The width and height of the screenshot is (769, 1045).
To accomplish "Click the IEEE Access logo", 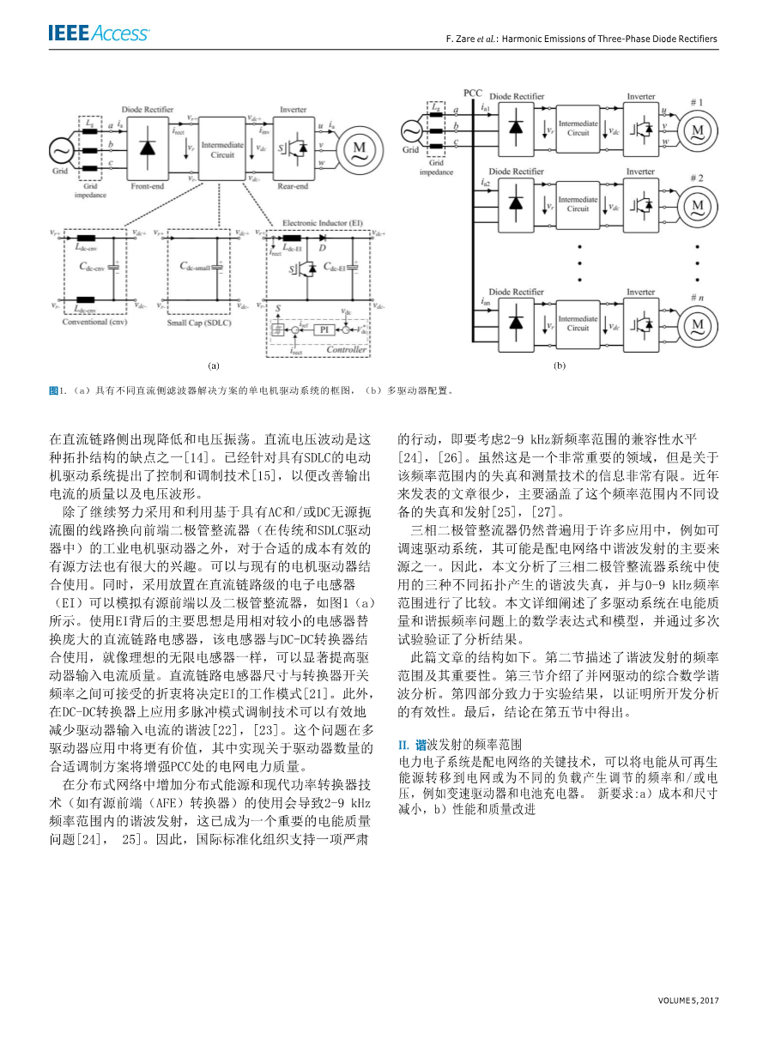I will (x=99, y=34).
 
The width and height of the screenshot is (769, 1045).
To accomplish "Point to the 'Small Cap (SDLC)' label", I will (x=200, y=322).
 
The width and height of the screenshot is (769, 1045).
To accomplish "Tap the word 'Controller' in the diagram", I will (x=347, y=350).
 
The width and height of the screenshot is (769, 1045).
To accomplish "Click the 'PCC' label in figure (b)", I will (x=473, y=91).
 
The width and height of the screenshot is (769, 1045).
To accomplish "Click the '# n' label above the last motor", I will (x=696, y=297).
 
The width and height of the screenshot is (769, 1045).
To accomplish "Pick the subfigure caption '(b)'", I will (x=560, y=365).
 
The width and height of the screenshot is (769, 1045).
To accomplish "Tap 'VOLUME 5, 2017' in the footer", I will (x=688, y=1000).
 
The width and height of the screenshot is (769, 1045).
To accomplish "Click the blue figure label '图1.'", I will (x=58, y=390).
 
